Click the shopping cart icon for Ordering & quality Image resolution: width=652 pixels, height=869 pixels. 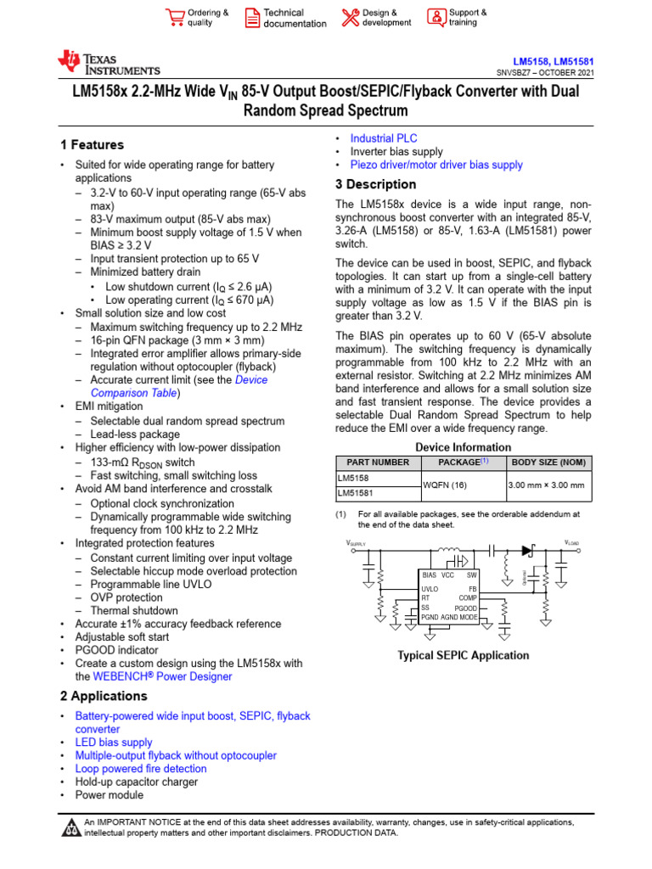(175, 18)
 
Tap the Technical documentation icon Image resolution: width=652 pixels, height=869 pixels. (252, 18)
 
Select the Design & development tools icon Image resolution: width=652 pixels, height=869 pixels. (350, 18)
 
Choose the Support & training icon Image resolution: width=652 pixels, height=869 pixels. (436, 18)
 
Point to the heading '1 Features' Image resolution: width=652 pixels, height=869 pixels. (92, 145)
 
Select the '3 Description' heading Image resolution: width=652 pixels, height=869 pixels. (375, 184)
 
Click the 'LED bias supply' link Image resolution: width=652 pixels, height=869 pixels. (114, 743)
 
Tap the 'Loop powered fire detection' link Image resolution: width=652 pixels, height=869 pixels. (140, 769)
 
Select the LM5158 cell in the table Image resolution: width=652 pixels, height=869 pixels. (354, 478)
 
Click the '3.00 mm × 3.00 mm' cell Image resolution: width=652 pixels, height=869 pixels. (546, 485)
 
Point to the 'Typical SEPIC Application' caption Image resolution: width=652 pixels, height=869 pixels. (464, 655)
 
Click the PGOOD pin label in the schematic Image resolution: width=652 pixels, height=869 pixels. (465, 608)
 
